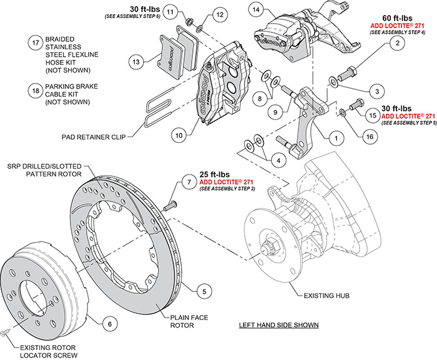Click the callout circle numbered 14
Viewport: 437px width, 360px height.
tap(255, 10)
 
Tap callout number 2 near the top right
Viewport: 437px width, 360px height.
tap(395, 43)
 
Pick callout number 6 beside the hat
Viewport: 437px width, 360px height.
tap(108, 324)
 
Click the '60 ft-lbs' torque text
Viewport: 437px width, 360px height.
tap(395, 19)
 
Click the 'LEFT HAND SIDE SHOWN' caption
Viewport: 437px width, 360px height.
tap(279, 325)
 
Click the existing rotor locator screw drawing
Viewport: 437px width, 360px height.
tap(6, 334)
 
